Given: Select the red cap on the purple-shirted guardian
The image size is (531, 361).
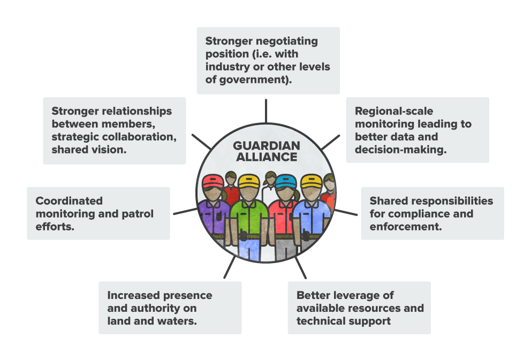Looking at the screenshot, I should point(215,181).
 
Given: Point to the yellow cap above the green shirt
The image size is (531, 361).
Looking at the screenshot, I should point(248,181).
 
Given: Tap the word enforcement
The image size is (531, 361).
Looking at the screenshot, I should point(405,227).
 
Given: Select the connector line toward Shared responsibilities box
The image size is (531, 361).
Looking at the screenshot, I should point(346,212).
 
